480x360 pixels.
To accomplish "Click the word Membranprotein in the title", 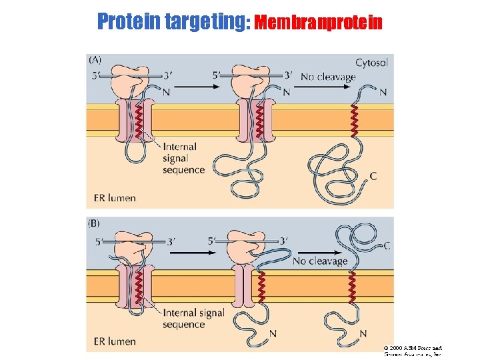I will [319, 23].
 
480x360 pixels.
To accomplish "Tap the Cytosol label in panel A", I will [371, 63].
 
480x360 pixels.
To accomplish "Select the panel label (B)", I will [95, 223].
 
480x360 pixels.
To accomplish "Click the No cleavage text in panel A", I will [328, 77].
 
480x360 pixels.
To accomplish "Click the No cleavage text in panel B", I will [320, 261].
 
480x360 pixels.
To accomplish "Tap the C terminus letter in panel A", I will [373, 176].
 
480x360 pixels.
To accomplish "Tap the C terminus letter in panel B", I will [387, 245].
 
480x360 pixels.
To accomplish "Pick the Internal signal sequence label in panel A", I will [183, 158].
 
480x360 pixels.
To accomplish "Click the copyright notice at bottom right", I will [413, 351].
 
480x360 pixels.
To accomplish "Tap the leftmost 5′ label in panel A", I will [97, 76].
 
